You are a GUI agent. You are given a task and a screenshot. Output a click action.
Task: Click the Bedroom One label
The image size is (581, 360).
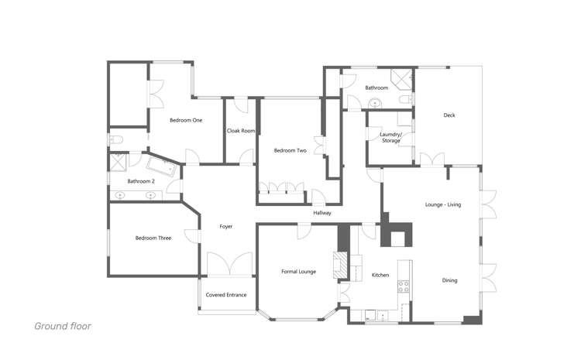coord(186,120)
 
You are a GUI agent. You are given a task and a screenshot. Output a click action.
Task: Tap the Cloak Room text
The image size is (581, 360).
coord(241,131)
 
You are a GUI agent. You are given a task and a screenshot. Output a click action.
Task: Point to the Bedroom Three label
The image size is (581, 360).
coord(153,238)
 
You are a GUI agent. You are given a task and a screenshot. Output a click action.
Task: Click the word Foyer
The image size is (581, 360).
coord(226,226)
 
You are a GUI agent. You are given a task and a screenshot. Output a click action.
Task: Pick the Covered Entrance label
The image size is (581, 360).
coord(225,295)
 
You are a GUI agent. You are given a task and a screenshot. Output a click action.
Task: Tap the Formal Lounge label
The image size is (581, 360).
coord(298,271)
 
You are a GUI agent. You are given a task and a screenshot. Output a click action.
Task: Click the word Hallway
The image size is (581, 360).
coord(322,212)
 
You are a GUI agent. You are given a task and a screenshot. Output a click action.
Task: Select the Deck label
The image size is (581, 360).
coord(449,115)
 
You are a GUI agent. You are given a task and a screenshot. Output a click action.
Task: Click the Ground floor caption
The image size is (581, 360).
coord(62,326)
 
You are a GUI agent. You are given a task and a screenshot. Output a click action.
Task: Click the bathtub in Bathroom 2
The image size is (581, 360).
coord(162,167)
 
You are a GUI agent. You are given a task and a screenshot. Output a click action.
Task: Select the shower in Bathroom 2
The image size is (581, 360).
coord(120,162)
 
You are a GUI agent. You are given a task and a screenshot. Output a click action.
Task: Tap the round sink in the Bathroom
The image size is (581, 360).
coord(376,103)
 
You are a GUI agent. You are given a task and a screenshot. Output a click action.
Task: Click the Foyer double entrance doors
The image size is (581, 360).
coord(229,266)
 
